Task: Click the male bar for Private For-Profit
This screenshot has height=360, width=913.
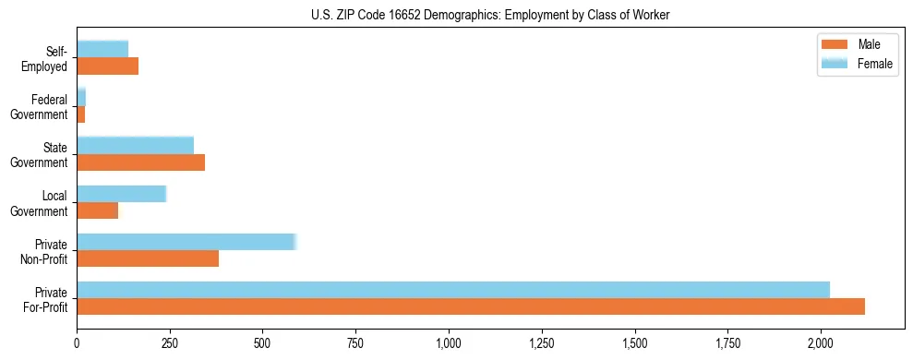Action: coord(471,306)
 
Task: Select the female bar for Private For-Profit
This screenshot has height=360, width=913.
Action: coord(453,290)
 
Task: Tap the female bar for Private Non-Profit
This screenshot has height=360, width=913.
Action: coord(186,242)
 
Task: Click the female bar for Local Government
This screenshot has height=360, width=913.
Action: coord(121,194)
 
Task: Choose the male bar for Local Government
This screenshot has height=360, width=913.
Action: coord(98,210)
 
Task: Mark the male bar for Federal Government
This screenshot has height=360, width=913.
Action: coord(81,114)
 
